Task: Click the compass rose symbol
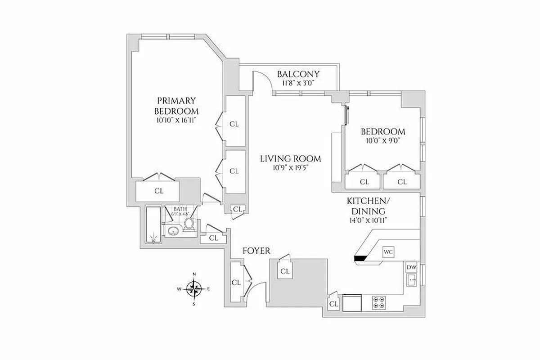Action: point(194,288)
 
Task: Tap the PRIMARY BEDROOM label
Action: point(176,106)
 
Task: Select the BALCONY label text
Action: point(298,74)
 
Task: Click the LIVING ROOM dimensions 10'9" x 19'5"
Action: point(290,167)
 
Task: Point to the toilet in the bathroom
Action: point(189,225)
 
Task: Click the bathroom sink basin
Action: point(172,232)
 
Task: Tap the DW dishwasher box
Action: point(411,267)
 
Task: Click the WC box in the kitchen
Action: point(388,252)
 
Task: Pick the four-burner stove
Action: point(379,302)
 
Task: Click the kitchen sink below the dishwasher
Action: point(411,280)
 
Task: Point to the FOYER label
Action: point(256,251)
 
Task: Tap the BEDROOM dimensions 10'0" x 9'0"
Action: point(382,140)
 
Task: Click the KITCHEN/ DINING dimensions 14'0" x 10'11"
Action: point(365,220)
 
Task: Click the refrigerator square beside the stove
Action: point(352,303)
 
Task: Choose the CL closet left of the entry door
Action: point(236,283)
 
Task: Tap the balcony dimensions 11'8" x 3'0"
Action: point(298,83)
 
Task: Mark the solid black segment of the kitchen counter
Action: point(361,258)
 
